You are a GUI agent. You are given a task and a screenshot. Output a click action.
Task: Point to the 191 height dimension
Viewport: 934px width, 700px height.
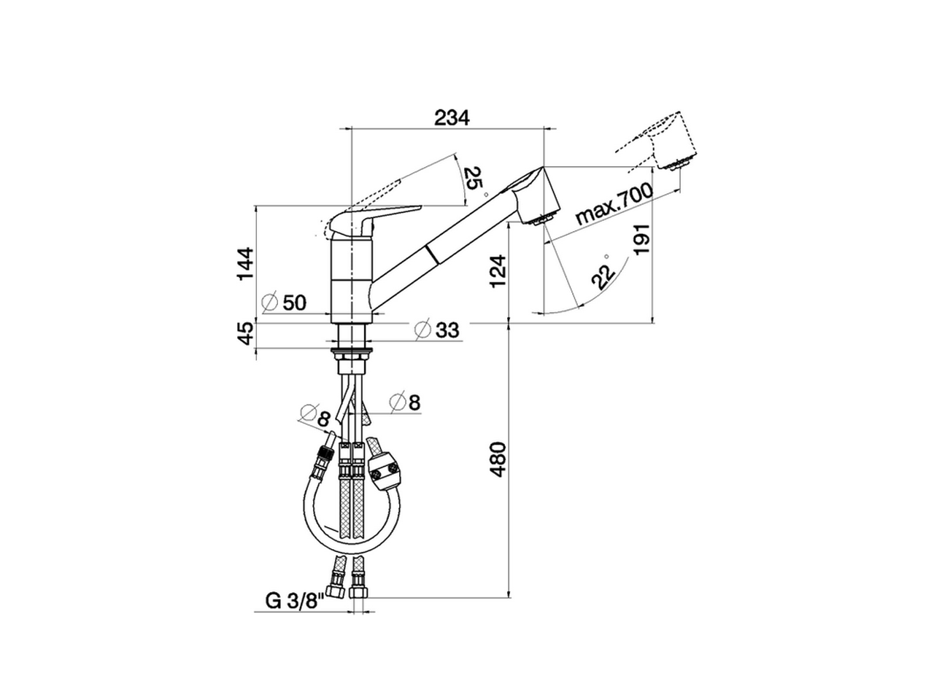click(641, 238)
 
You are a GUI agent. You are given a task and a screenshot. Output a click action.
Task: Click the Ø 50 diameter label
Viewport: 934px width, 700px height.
click(284, 301)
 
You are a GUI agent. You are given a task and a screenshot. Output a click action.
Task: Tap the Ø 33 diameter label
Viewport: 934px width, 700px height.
click(437, 330)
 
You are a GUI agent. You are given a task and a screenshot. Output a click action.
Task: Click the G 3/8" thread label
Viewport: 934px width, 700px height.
click(295, 601)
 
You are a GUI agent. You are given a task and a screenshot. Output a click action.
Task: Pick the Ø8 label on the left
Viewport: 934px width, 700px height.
click(316, 418)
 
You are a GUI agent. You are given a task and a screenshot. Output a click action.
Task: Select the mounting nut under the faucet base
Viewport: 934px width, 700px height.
click(353, 355)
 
